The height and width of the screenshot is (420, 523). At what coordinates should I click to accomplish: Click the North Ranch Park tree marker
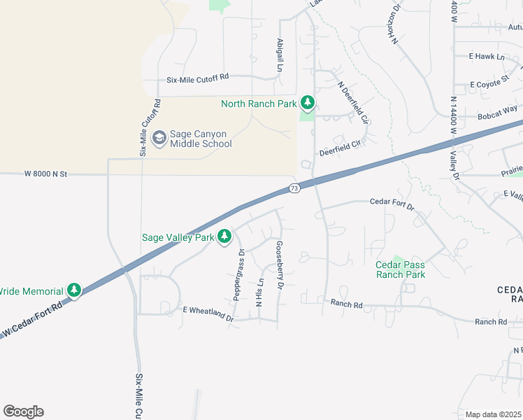point(308,103)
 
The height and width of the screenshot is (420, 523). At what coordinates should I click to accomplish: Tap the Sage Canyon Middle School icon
point(159,137)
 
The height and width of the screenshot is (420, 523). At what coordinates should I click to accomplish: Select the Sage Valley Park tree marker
point(224,237)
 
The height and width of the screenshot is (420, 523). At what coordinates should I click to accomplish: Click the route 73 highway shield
point(294,188)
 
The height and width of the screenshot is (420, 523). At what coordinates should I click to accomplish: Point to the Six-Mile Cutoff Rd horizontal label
point(198,79)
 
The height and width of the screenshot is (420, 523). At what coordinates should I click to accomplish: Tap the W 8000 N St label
point(45,173)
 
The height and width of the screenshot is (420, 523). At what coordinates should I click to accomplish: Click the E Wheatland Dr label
point(208,313)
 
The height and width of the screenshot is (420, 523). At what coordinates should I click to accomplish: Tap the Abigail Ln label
point(279,55)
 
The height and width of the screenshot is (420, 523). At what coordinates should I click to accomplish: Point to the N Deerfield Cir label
point(352,102)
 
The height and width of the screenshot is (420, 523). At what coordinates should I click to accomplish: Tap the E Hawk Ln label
point(487,56)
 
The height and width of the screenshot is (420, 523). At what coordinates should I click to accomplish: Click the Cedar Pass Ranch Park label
point(401,269)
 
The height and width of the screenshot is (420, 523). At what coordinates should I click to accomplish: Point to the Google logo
point(23,412)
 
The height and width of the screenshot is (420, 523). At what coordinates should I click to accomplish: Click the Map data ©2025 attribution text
point(493,414)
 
